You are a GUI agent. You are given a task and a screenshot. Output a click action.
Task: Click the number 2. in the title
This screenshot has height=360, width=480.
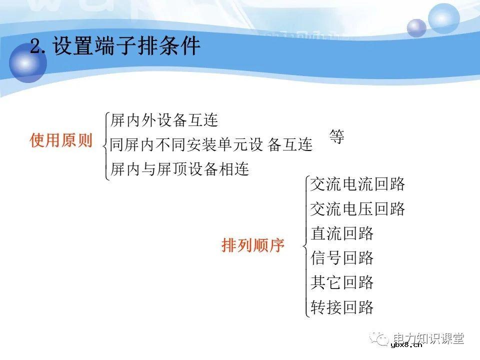pyautogui.click(x=40, y=47)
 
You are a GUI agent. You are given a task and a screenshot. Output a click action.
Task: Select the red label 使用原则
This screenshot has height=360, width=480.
pyautogui.click(x=61, y=141)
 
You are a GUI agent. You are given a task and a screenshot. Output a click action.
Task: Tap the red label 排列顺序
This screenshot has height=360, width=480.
pyautogui.click(x=252, y=245)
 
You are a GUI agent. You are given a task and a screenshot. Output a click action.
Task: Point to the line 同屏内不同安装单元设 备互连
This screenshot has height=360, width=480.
pyautogui.click(x=211, y=145)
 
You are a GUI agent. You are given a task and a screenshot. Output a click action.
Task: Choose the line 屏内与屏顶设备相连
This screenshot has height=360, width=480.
pyautogui.click(x=179, y=169)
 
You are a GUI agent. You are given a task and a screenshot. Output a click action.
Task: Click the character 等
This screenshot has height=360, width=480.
pyautogui.click(x=337, y=136)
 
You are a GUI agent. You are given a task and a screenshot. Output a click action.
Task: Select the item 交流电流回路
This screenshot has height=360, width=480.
pyautogui.click(x=357, y=184)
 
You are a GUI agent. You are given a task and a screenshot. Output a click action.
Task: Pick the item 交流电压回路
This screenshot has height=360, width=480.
pyautogui.click(x=357, y=209)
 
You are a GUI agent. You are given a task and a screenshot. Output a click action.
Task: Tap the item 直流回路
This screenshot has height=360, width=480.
pyautogui.click(x=342, y=233)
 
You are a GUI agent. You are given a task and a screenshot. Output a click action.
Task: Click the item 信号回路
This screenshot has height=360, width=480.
pyautogui.click(x=342, y=258)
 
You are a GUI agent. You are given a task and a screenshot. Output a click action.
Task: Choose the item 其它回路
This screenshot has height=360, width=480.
pyautogui.click(x=342, y=282)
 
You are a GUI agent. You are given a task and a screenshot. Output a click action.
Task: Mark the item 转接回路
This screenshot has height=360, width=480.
pyautogui.click(x=342, y=307)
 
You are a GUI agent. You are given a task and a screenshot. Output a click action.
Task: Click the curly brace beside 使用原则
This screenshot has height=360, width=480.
pyautogui.click(x=104, y=145)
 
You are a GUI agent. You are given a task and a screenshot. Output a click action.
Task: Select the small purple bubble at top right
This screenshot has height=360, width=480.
pyautogui.click(x=416, y=28)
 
